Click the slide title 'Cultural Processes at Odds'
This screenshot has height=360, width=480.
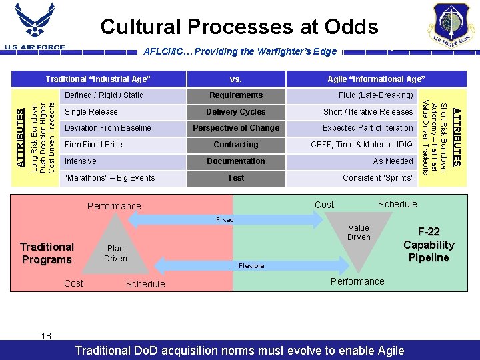239,27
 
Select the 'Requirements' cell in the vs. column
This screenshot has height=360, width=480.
236,95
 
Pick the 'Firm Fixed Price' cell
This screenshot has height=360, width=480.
93,145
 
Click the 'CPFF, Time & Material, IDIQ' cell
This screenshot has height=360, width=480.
362,145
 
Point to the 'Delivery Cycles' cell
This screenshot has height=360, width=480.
236,112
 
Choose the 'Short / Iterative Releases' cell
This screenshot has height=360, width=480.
368,112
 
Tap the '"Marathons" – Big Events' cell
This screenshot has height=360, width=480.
109,178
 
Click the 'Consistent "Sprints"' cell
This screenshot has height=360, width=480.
378,178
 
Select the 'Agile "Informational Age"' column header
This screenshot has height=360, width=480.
376,79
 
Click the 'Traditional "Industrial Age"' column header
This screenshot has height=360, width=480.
98,79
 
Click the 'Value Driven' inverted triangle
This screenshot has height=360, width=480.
359,237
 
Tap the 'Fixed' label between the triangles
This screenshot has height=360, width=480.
225,219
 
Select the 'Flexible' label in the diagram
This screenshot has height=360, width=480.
251,265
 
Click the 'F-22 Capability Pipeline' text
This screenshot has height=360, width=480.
429,245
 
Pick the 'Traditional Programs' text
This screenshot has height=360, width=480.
47,253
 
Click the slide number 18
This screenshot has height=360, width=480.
46,336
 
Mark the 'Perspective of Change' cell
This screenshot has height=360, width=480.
236,128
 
